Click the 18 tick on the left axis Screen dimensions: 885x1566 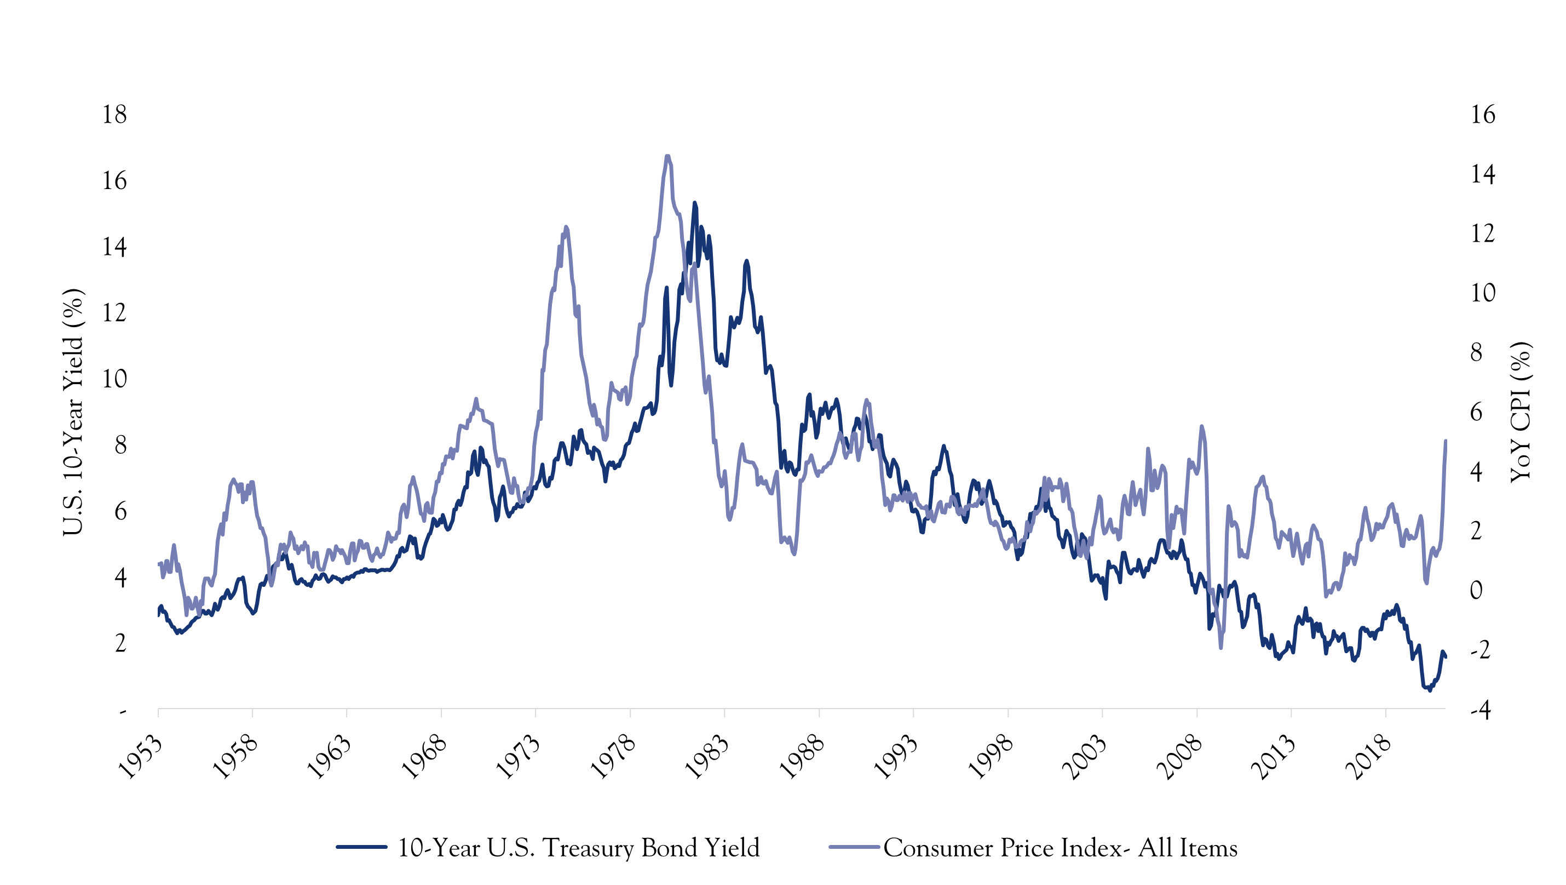pyautogui.click(x=114, y=115)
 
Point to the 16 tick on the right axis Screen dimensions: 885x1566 pyautogui.click(x=1483, y=115)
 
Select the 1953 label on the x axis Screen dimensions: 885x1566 pyautogui.click(x=140, y=757)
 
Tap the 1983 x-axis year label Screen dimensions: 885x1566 pyautogui.click(x=707, y=757)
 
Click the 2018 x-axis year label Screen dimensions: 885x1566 pyautogui.click(x=1368, y=757)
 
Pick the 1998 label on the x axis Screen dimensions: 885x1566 pyautogui.click(x=991, y=757)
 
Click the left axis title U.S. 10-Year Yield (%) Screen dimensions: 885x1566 pyautogui.click(x=73, y=413)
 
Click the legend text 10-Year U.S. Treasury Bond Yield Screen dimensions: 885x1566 pyautogui.click(x=578, y=847)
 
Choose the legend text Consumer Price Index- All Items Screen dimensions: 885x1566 pyautogui.click(x=1060, y=847)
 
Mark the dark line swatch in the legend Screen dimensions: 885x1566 pyautogui.click(x=362, y=847)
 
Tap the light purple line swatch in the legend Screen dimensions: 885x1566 pyautogui.click(x=854, y=847)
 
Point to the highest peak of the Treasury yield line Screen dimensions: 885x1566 pyautogui.click(x=695, y=203)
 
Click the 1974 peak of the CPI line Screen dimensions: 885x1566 pyautogui.click(x=566, y=227)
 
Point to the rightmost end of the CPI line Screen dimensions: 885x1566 pyautogui.click(x=1445, y=441)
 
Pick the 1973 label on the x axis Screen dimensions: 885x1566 pyautogui.click(x=518, y=757)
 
